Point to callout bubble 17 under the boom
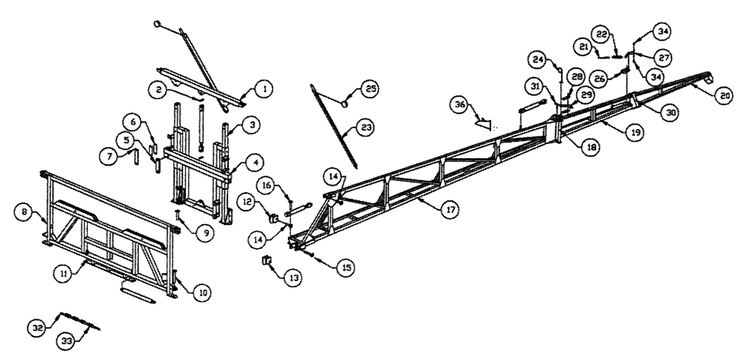(x=448, y=212)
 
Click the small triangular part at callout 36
(x=483, y=120)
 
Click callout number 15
(x=347, y=266)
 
